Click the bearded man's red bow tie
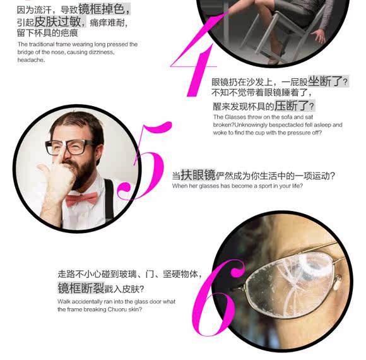pyautogui.click(x=81, y=199)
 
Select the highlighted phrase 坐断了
pyautogui.click(x=325, y=81)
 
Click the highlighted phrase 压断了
pyautogui.click(x=292, y=106)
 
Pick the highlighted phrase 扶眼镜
pyautogui.click(x=198, y=174)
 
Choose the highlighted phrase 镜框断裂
pyautogui.click(x=81, y=288)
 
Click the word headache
pyautogui.click(x=31, y=60)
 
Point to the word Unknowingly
pyautogui.click(x=251, y=125)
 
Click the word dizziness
pyautogui.click(x=102, y=52)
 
